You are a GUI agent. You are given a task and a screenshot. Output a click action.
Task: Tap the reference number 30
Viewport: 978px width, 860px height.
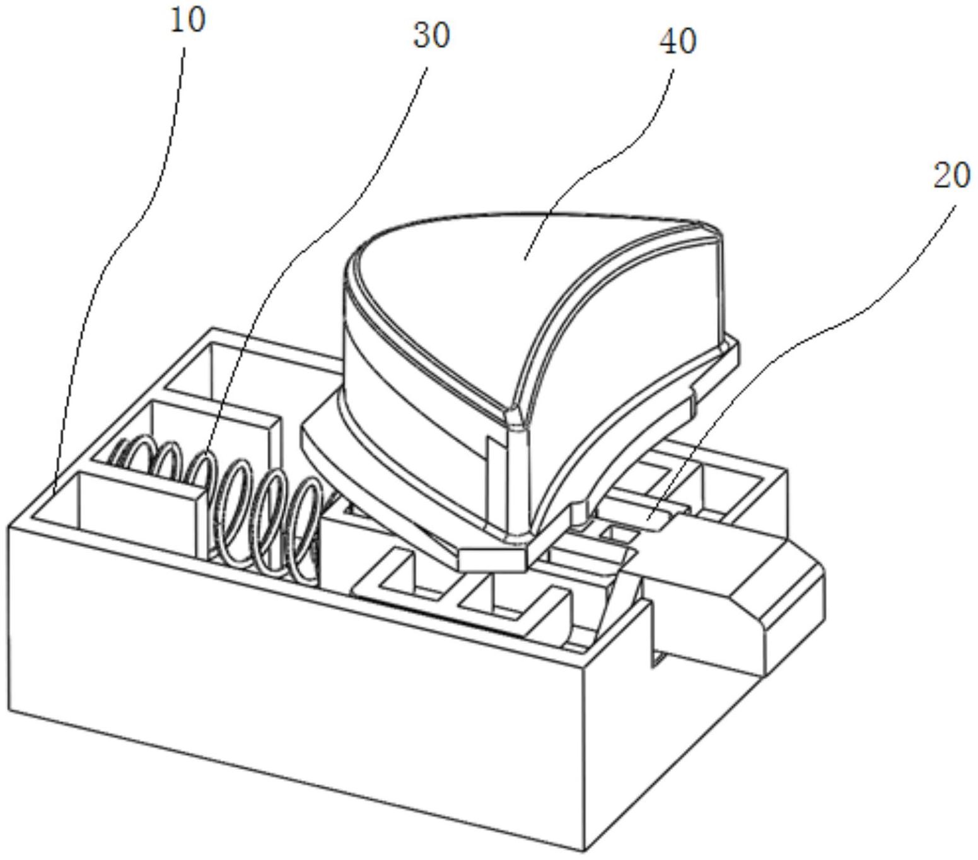click(431, 35)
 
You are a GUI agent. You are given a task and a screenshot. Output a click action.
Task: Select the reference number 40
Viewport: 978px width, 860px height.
click(678, 42)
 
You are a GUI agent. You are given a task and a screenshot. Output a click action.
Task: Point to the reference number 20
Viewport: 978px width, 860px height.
click(952, 176)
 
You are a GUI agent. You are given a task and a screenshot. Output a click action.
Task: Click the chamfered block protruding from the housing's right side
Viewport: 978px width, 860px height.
click(738, 606)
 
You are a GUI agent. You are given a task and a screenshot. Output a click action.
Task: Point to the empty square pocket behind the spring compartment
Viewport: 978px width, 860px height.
click(189, 372)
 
